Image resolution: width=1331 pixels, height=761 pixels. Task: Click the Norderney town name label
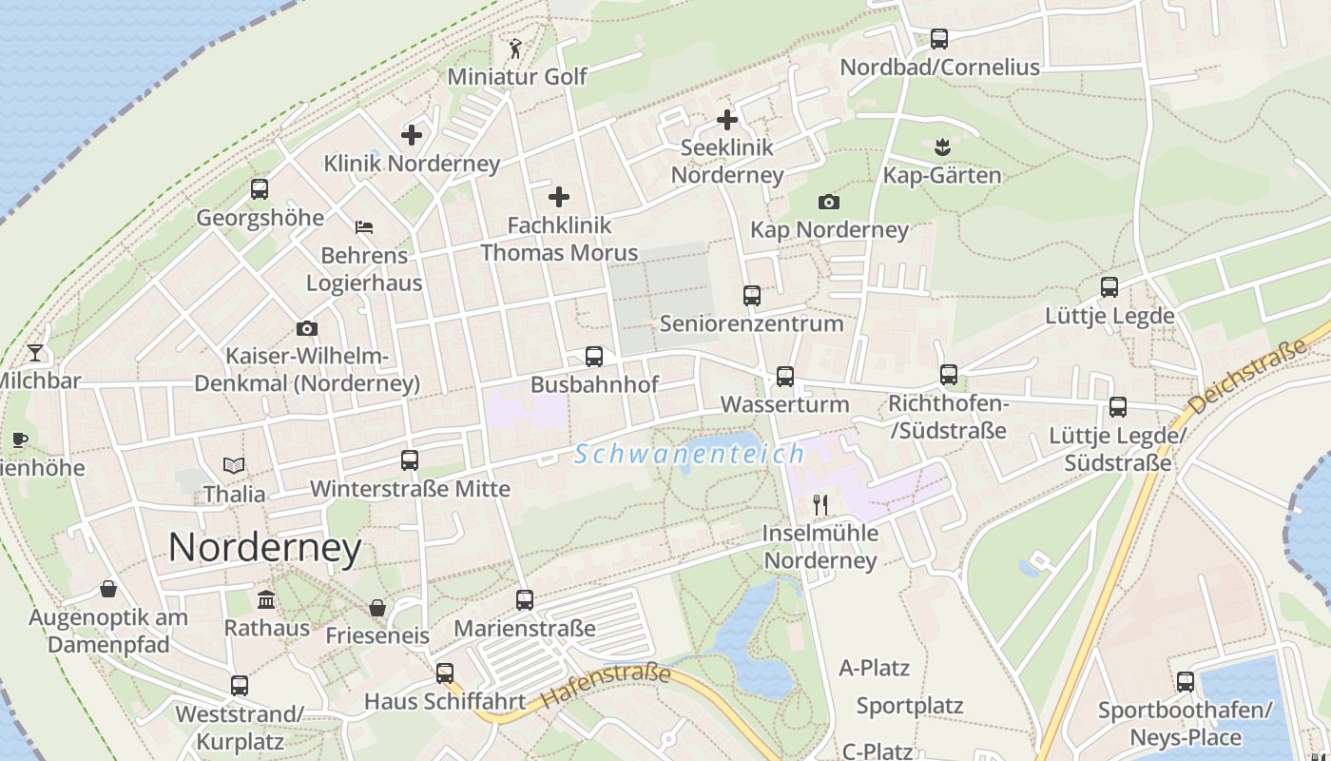[x=264, y=548]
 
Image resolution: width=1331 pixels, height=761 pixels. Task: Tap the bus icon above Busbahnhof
[x=594, y=357]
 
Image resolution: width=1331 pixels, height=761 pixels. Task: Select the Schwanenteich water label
[x=689, y=454]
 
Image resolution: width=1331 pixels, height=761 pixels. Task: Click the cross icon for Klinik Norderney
[x=412, y=135]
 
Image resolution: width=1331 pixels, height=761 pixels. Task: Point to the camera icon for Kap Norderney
[x=829, y=202]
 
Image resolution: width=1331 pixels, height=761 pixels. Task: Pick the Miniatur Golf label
[x=517, y=76]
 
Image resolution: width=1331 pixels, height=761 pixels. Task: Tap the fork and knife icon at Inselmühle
[x=820, y=504]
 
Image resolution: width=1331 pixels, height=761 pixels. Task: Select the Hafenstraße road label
[x=607, y=687]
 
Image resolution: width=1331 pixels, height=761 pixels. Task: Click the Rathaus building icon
[x=266, y=600]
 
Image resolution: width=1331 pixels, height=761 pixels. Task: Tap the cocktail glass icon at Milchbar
[x=35, y=353]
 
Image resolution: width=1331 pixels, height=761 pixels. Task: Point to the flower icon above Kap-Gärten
[x=942, y=147]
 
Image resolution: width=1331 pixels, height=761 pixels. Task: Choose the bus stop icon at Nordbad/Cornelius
[x=939, y=39]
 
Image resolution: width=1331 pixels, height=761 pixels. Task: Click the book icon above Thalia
[x=234, y=465]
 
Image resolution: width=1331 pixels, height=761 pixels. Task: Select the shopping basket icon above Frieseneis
[x=377, y=608]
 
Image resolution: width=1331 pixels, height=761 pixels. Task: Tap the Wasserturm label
[x=784, y=404]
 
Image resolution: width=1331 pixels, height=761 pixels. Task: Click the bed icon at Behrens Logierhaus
[x=364, y=227]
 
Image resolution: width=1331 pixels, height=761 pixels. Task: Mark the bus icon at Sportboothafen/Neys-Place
[x=1185, y=681]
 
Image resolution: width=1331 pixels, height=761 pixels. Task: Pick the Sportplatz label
[x=910, y=706]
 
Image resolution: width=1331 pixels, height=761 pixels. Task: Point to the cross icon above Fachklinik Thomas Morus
[x=559, y=197]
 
